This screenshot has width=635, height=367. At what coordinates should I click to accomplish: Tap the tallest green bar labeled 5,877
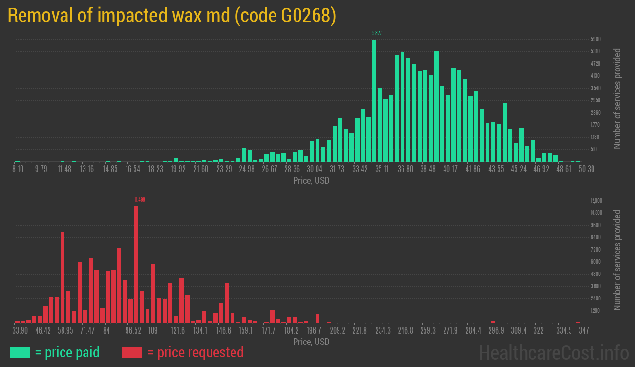point(374,100)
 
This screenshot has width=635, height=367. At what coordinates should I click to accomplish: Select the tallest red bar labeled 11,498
point(136,264)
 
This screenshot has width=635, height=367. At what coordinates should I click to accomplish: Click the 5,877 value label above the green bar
point(377,33)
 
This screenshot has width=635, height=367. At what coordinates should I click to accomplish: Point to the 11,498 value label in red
point(140,200)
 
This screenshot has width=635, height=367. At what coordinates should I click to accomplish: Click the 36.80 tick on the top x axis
point(405,169)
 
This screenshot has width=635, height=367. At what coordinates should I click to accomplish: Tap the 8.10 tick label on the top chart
point(18,169)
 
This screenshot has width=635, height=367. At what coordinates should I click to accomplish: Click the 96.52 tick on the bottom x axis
point(133,331)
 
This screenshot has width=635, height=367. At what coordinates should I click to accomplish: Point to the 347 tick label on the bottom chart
point(583,331)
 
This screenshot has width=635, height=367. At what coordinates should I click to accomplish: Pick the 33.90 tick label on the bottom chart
point(20,331)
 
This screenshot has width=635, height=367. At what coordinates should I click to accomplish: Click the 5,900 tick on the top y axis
point(595,39)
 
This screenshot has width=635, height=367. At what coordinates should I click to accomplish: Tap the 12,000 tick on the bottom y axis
point(596,201)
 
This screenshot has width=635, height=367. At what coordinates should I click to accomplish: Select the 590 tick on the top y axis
point(594,149)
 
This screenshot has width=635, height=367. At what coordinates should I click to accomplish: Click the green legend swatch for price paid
point(20,352)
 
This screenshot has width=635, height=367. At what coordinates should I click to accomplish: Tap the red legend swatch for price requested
point(132,352)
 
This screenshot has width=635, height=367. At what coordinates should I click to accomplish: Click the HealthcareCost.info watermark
point(553,352)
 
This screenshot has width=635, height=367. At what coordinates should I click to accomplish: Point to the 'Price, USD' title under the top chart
point(311,181)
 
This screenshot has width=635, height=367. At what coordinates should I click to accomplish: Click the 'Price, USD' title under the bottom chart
point(311,342)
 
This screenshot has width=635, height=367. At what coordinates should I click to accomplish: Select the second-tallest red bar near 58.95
point(63,277)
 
